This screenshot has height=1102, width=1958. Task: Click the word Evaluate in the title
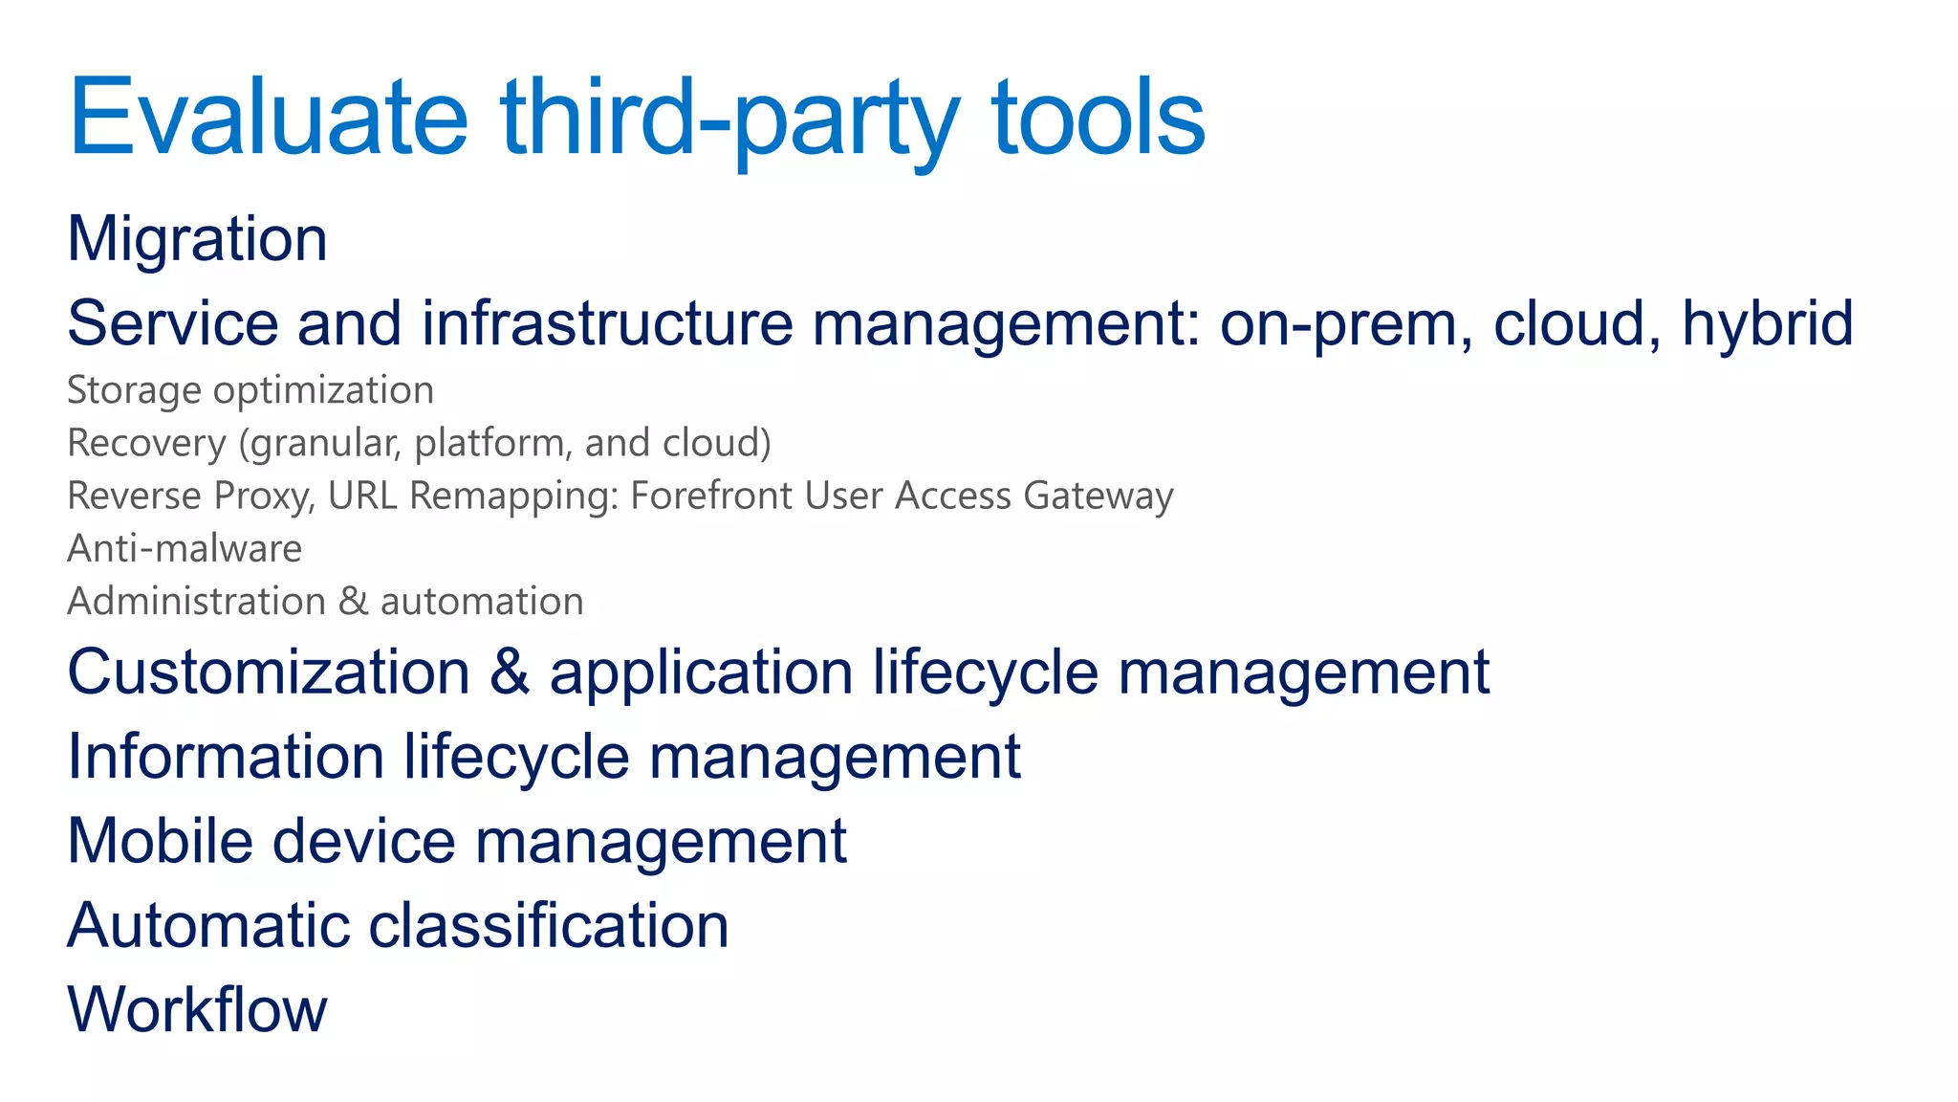[269, 118]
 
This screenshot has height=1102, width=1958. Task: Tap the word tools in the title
[1099, 118]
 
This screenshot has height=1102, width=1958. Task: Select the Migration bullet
[198, 238]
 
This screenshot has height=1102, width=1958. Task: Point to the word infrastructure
[607, 323]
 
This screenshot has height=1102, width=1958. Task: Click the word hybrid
[1768, 323]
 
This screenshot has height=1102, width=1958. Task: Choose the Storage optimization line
[250, 390]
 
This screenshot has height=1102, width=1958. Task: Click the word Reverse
[135, 496]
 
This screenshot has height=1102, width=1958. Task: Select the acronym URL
[362, 496]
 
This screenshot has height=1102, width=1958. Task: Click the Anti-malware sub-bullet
[185, 549]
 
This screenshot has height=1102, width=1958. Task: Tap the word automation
[482, 602]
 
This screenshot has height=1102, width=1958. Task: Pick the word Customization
[269, 672]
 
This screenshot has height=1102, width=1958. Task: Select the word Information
[226, 757]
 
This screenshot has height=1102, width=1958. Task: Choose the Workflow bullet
[198, 1009]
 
